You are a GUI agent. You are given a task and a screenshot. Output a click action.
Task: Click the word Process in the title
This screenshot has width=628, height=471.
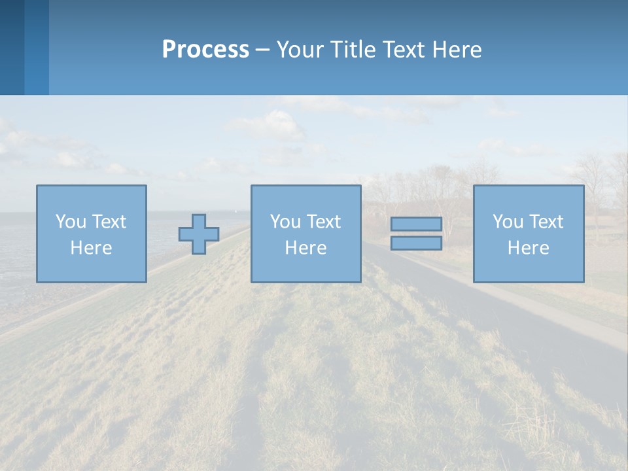coord(205,50)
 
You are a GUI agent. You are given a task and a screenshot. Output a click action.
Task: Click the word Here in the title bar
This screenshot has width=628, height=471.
coord(457,50)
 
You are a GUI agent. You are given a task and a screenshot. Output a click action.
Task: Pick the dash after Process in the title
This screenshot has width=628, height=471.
coord(263,50)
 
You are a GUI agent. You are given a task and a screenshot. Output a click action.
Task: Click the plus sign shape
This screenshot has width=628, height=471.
coord(199,234)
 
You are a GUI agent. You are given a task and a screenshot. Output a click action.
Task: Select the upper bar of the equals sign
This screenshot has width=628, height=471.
coord(416,224)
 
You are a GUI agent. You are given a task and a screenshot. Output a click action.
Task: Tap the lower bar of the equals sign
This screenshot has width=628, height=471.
coord(416,243)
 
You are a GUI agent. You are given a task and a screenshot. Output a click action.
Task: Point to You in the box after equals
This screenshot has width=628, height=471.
coord(508,222)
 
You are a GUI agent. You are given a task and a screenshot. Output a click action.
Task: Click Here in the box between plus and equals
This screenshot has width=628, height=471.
coord(305,248)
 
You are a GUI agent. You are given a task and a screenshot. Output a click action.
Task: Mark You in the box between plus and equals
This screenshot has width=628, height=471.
coord(285,222)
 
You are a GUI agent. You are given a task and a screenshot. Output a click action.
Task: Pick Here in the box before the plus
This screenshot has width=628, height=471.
coord(91,248)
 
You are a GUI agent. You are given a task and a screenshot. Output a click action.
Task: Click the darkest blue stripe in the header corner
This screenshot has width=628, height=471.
coord(12,47)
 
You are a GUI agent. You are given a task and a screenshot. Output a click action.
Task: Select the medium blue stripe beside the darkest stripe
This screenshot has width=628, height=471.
coord(37,47)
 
